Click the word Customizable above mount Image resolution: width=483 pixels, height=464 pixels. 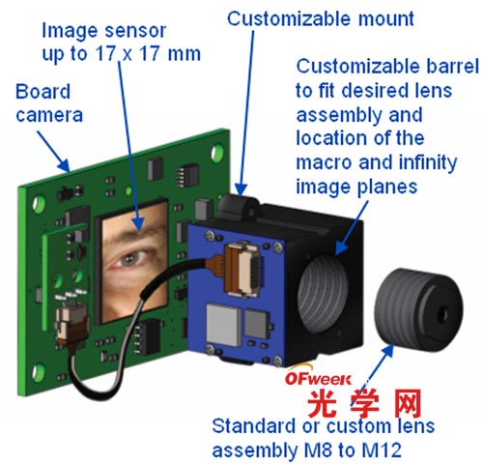pos(289,19)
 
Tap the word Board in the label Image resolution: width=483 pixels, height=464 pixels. pos(43,92)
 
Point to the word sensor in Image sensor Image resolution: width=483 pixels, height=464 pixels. pos(135,31)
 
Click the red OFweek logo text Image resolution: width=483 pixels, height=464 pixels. pos(318,379)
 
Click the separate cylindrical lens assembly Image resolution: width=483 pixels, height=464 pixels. pos(419,310)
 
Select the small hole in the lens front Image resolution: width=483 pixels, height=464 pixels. pos(443,313)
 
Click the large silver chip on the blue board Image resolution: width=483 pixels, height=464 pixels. pos(223,324)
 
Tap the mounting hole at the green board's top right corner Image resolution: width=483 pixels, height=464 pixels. pos(217,153)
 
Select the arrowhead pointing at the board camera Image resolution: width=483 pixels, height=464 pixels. pos(64,164)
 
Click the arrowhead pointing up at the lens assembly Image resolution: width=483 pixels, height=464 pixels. pos(387,351)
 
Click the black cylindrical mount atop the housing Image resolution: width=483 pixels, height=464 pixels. pos(239,206)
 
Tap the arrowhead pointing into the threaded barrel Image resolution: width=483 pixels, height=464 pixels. pos(342,247)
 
